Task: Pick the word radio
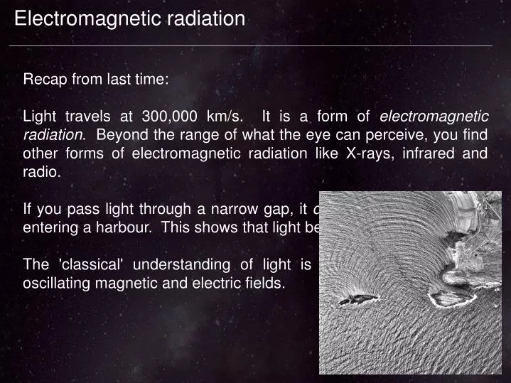tap(41, 172)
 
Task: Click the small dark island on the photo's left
tap(358, 300)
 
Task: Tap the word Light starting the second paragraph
tap(38, 117)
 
